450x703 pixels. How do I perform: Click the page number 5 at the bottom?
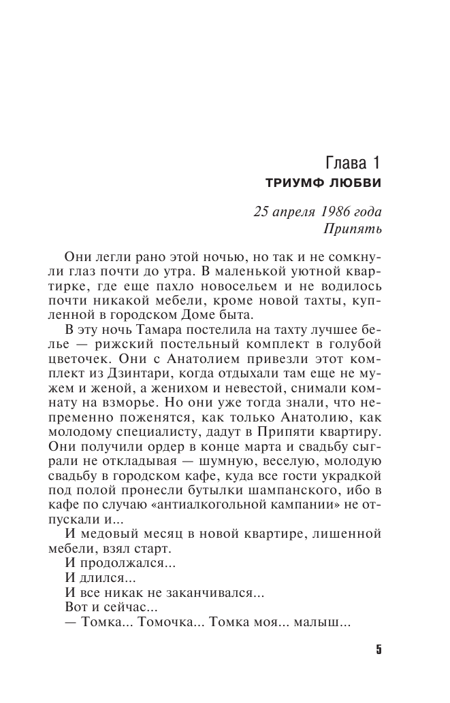click(x=379, y=649)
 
